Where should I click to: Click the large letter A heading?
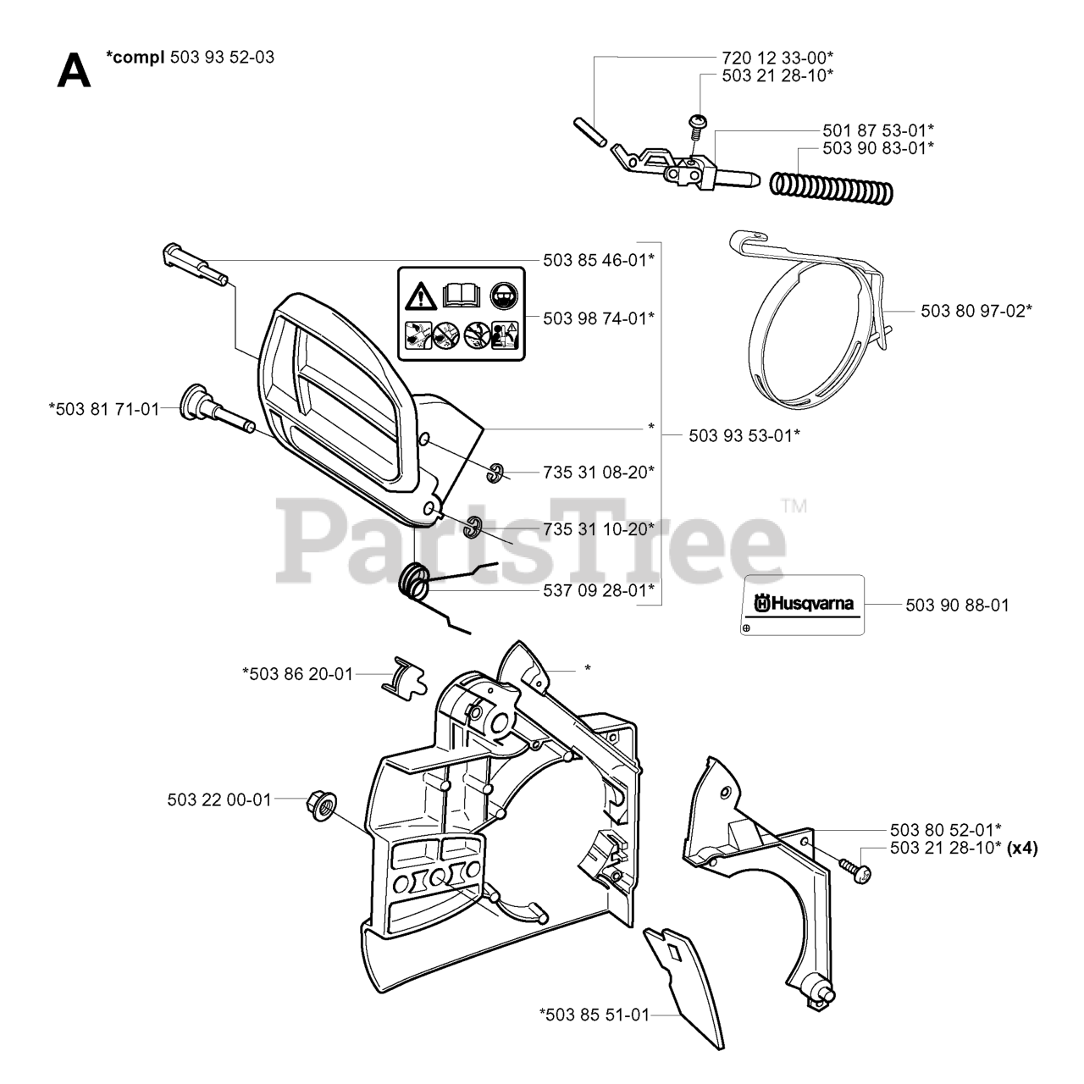73,71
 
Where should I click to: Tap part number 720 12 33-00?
777,58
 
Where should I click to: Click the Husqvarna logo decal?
804,605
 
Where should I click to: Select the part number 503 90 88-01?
957,606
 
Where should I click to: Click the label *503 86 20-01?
297,674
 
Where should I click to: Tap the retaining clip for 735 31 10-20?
473,525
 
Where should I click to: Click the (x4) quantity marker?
1023,848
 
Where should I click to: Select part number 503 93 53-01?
744,435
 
